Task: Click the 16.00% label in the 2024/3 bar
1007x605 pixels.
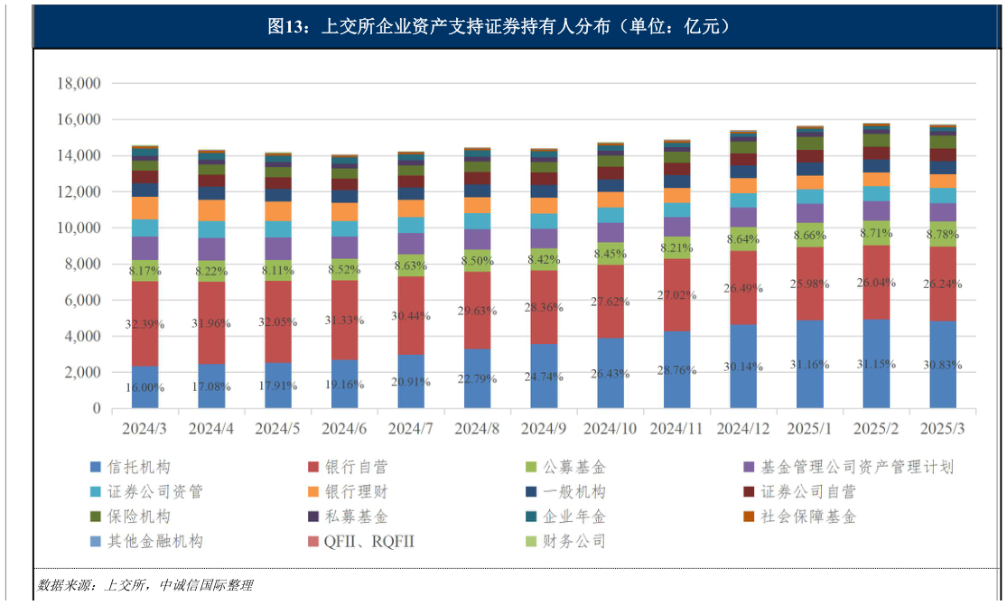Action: click(145, 386)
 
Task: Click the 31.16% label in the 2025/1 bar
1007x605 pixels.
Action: click(810, 365)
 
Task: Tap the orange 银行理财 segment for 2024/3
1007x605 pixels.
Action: click(145, 208)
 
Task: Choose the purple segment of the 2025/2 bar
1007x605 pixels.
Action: click(876, 210)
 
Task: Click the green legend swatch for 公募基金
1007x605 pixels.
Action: click(532, 468)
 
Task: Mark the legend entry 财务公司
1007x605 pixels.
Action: click(573, 542)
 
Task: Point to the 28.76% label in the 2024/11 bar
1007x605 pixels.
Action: click(676, 371)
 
